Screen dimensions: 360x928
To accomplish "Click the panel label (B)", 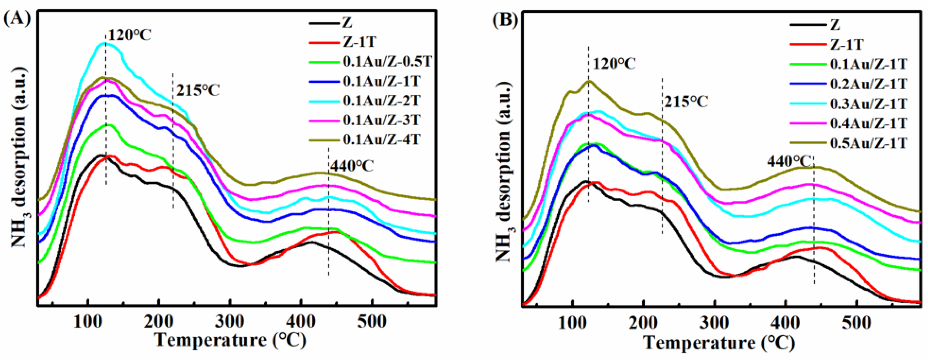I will coord(505,20).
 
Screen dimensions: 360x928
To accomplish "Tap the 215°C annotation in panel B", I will coord(686,102).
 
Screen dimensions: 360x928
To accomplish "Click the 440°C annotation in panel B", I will coord(790,161).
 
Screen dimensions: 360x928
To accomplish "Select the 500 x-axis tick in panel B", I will coord(856,322).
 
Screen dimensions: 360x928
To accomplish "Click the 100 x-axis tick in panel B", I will coord(572,322).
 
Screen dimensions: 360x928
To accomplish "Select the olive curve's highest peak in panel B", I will coord(589,81).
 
